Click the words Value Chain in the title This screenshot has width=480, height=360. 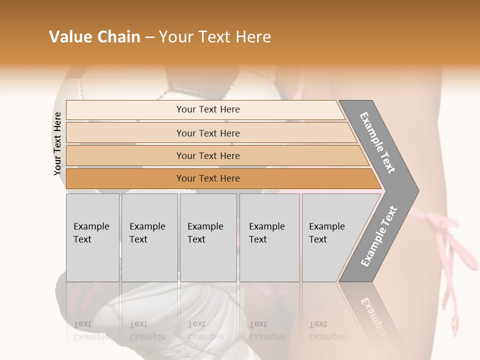94,37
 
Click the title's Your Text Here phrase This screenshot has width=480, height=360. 215,37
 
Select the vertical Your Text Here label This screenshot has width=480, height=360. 57,143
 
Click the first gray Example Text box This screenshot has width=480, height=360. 92,237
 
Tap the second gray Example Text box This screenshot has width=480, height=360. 149,237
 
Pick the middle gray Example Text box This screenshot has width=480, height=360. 208,237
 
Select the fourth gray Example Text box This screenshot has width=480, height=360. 269,237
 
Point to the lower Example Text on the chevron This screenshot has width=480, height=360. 379,236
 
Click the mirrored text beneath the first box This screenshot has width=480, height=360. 91,330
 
